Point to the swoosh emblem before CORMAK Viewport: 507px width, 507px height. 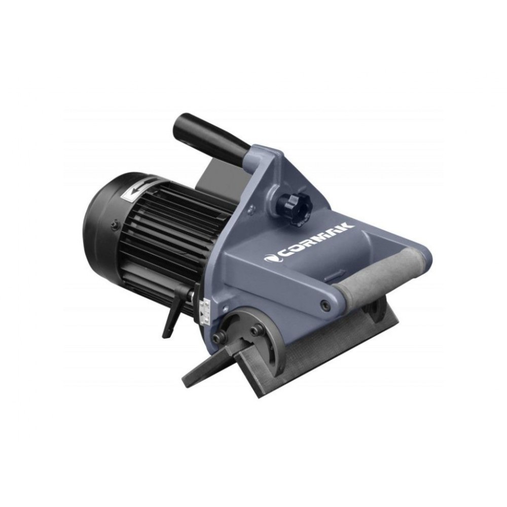point(271,258)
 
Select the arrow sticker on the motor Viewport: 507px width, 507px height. point(136,192)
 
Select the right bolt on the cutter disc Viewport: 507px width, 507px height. point(256,331)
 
